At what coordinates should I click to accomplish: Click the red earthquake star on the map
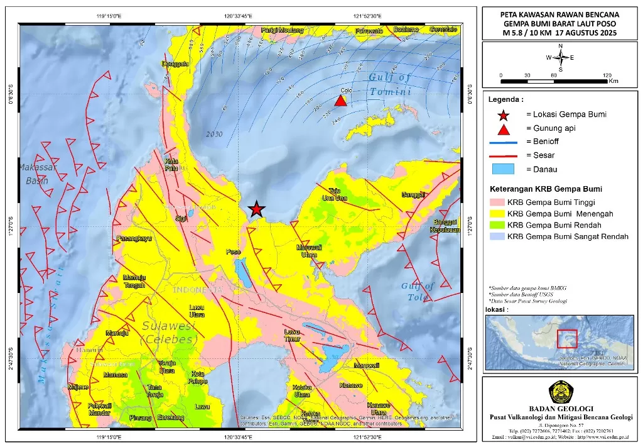click(x=256, y=209)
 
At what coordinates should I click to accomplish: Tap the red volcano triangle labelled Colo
click(x=340, y=101)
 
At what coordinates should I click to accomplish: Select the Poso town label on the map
click(x=234, y=252)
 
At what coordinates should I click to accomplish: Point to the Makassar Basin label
click(x=37, y=174)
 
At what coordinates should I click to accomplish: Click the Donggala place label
click(x=175, y=64)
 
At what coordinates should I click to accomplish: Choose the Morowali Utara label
click(x=309, y=251)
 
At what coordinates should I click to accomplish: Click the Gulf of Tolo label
click(x=418, y=291)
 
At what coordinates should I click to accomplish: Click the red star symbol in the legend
click(x=503, y=114)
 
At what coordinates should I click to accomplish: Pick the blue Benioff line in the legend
click(x=503, y=142)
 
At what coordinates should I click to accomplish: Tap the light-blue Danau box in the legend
click(x=503, y=169)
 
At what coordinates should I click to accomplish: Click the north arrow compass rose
click(x=560, y=57)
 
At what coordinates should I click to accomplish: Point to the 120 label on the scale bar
click(x=607, y=75)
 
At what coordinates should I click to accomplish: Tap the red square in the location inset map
click(x=568, y=338)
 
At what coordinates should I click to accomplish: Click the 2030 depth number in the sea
click(x=214, y=135)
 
